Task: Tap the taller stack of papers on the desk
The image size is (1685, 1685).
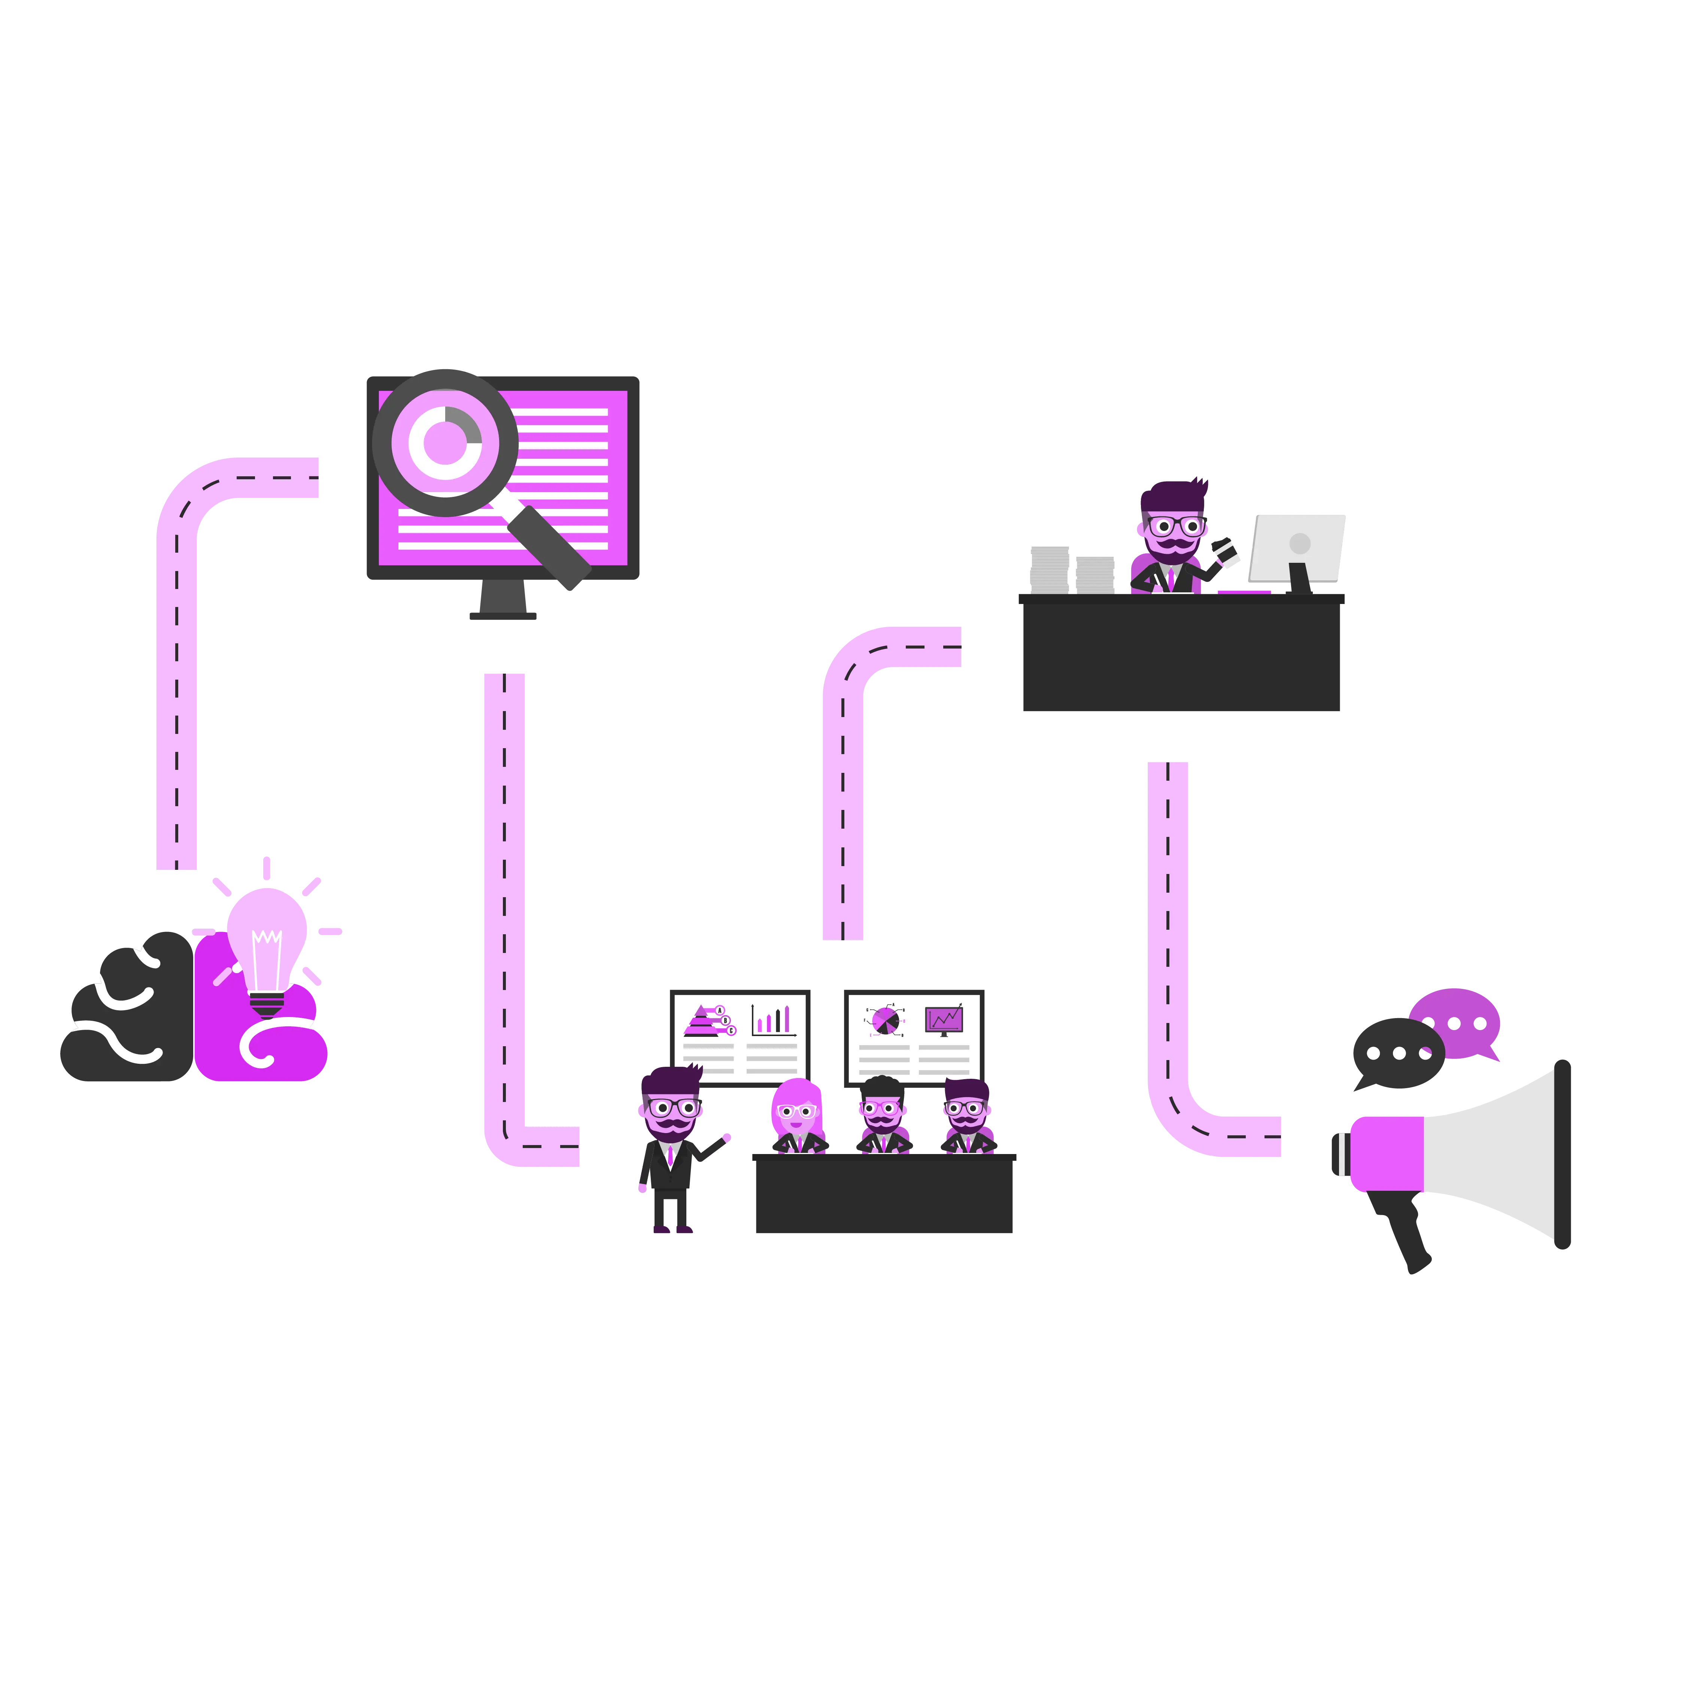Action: (x=1049, y=569)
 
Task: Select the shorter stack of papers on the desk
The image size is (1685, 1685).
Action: (x=1095, y=574)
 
